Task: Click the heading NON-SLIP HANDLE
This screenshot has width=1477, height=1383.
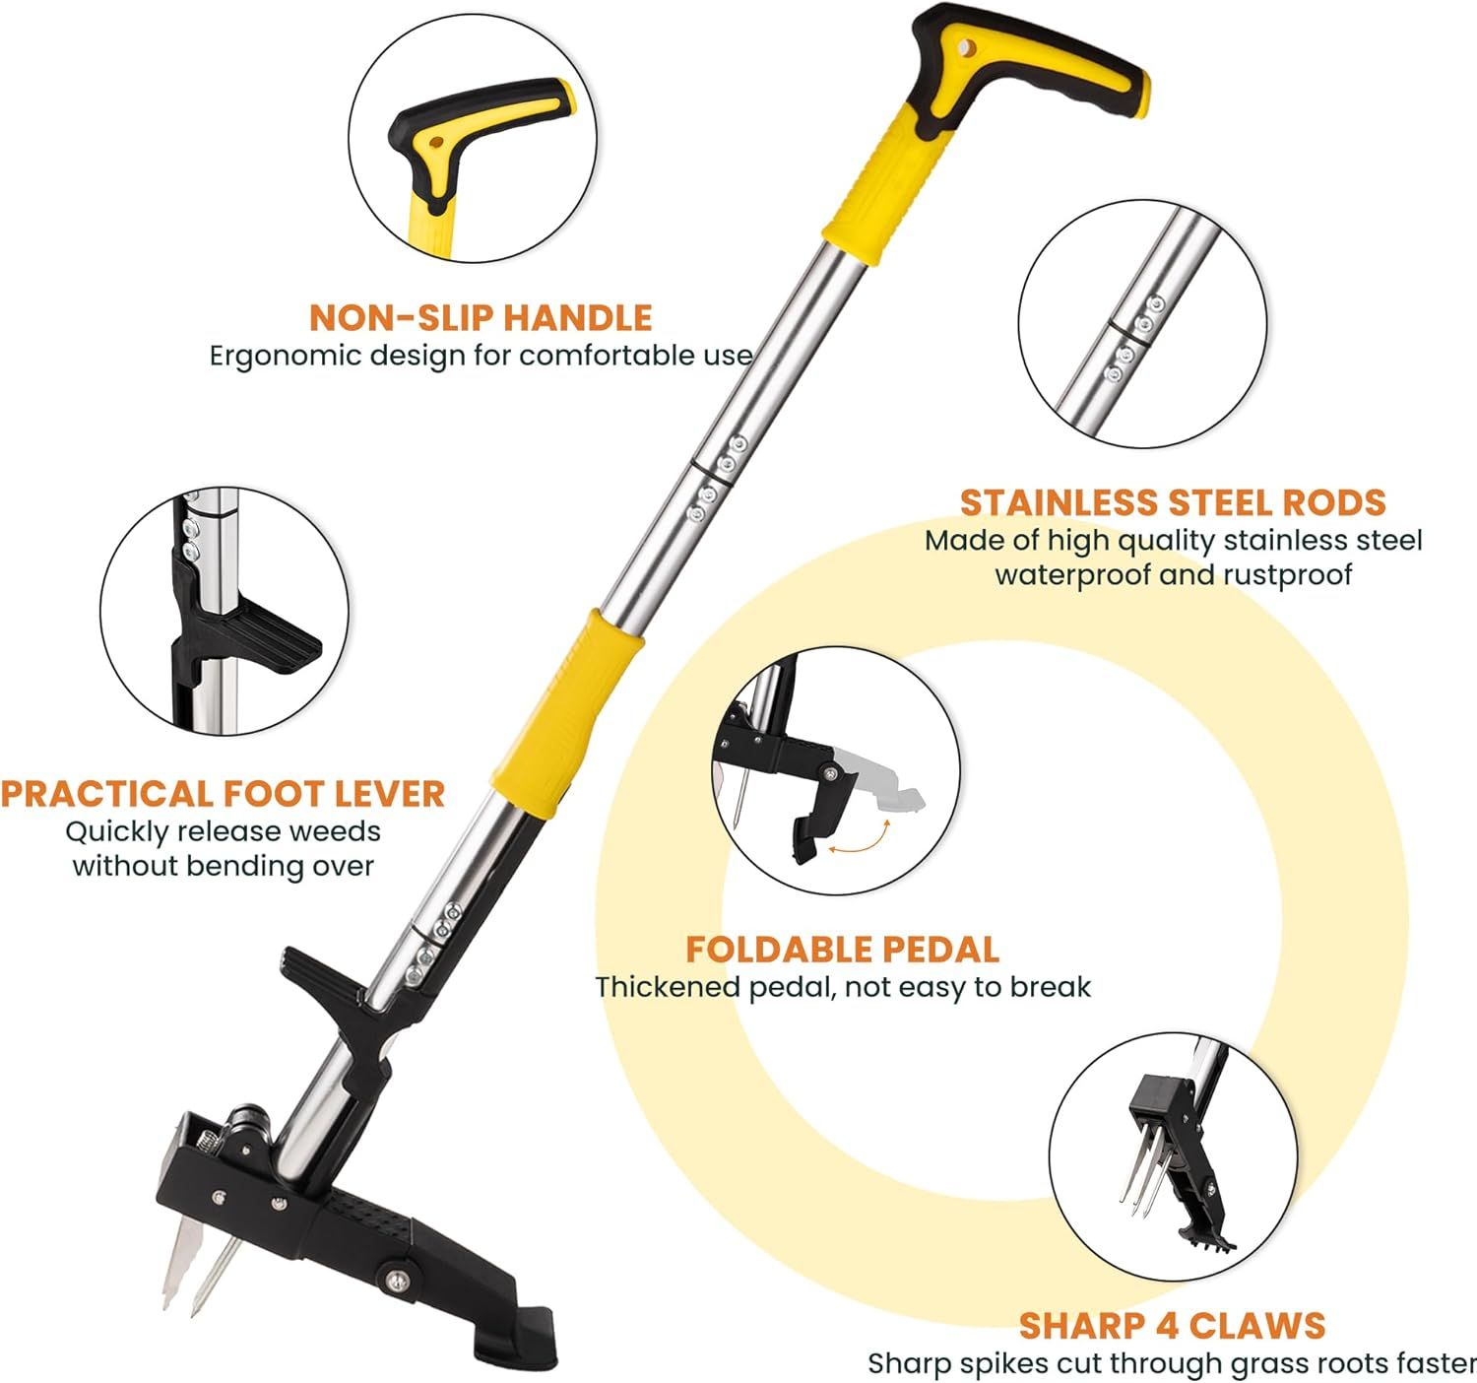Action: [x=481, y=318]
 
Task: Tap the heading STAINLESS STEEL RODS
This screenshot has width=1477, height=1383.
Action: [x=1173, y=502]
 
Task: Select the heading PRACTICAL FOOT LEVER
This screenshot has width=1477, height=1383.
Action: [x=224, y=794]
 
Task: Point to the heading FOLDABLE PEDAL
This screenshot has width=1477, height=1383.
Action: [x=842, y=950]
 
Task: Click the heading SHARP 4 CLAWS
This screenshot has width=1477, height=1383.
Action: [x=1172, y=1305]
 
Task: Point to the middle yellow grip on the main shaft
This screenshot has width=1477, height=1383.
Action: [x=567, y=713]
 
